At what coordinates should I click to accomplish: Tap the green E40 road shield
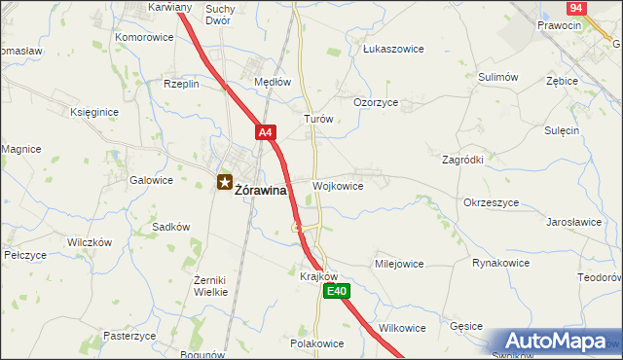337,291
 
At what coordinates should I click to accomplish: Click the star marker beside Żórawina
225,181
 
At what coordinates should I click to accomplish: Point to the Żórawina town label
261,191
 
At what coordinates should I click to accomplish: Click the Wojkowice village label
338,185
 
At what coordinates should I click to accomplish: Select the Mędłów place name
273,83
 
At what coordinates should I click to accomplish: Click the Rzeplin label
181,84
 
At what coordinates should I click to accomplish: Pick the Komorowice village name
144,37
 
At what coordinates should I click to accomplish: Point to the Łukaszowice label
389,47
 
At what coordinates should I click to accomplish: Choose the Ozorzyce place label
375,101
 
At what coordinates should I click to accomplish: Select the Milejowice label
399,263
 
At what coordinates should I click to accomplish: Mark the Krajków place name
318,275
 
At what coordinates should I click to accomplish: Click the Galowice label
151,180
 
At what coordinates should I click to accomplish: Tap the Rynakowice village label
500,263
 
